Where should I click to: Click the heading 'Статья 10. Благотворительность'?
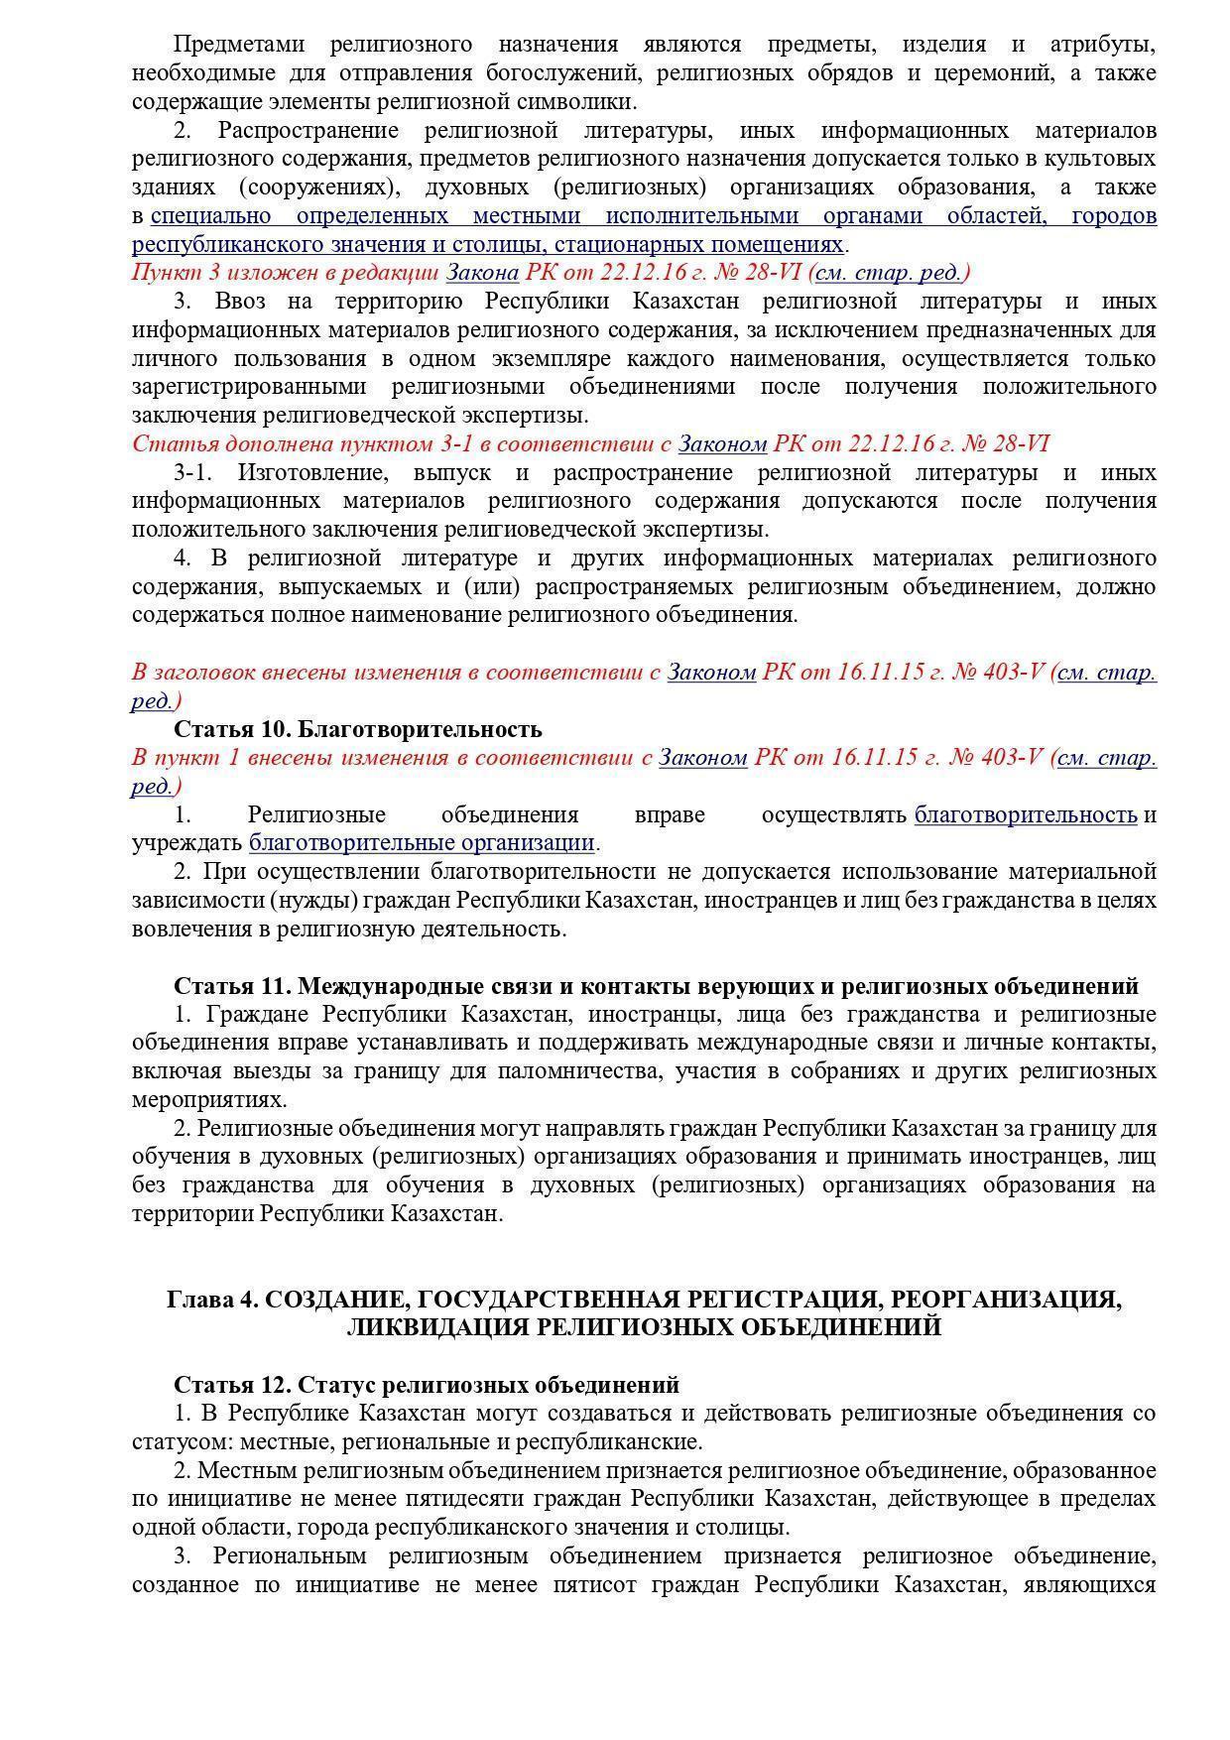tap(357, 729)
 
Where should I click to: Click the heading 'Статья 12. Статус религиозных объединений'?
tap(427, 1384)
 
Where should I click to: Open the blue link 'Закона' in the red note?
tap(482, 273)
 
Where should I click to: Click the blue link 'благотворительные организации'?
tap(422, 843)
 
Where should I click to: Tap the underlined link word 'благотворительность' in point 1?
tap(1025, 815)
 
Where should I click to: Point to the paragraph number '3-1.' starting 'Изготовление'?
tap(193, 472)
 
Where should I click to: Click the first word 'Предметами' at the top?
tap(238, 45)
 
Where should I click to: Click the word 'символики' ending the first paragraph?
tap(586, 102)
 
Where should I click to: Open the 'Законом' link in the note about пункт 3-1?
tap(722, 443)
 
